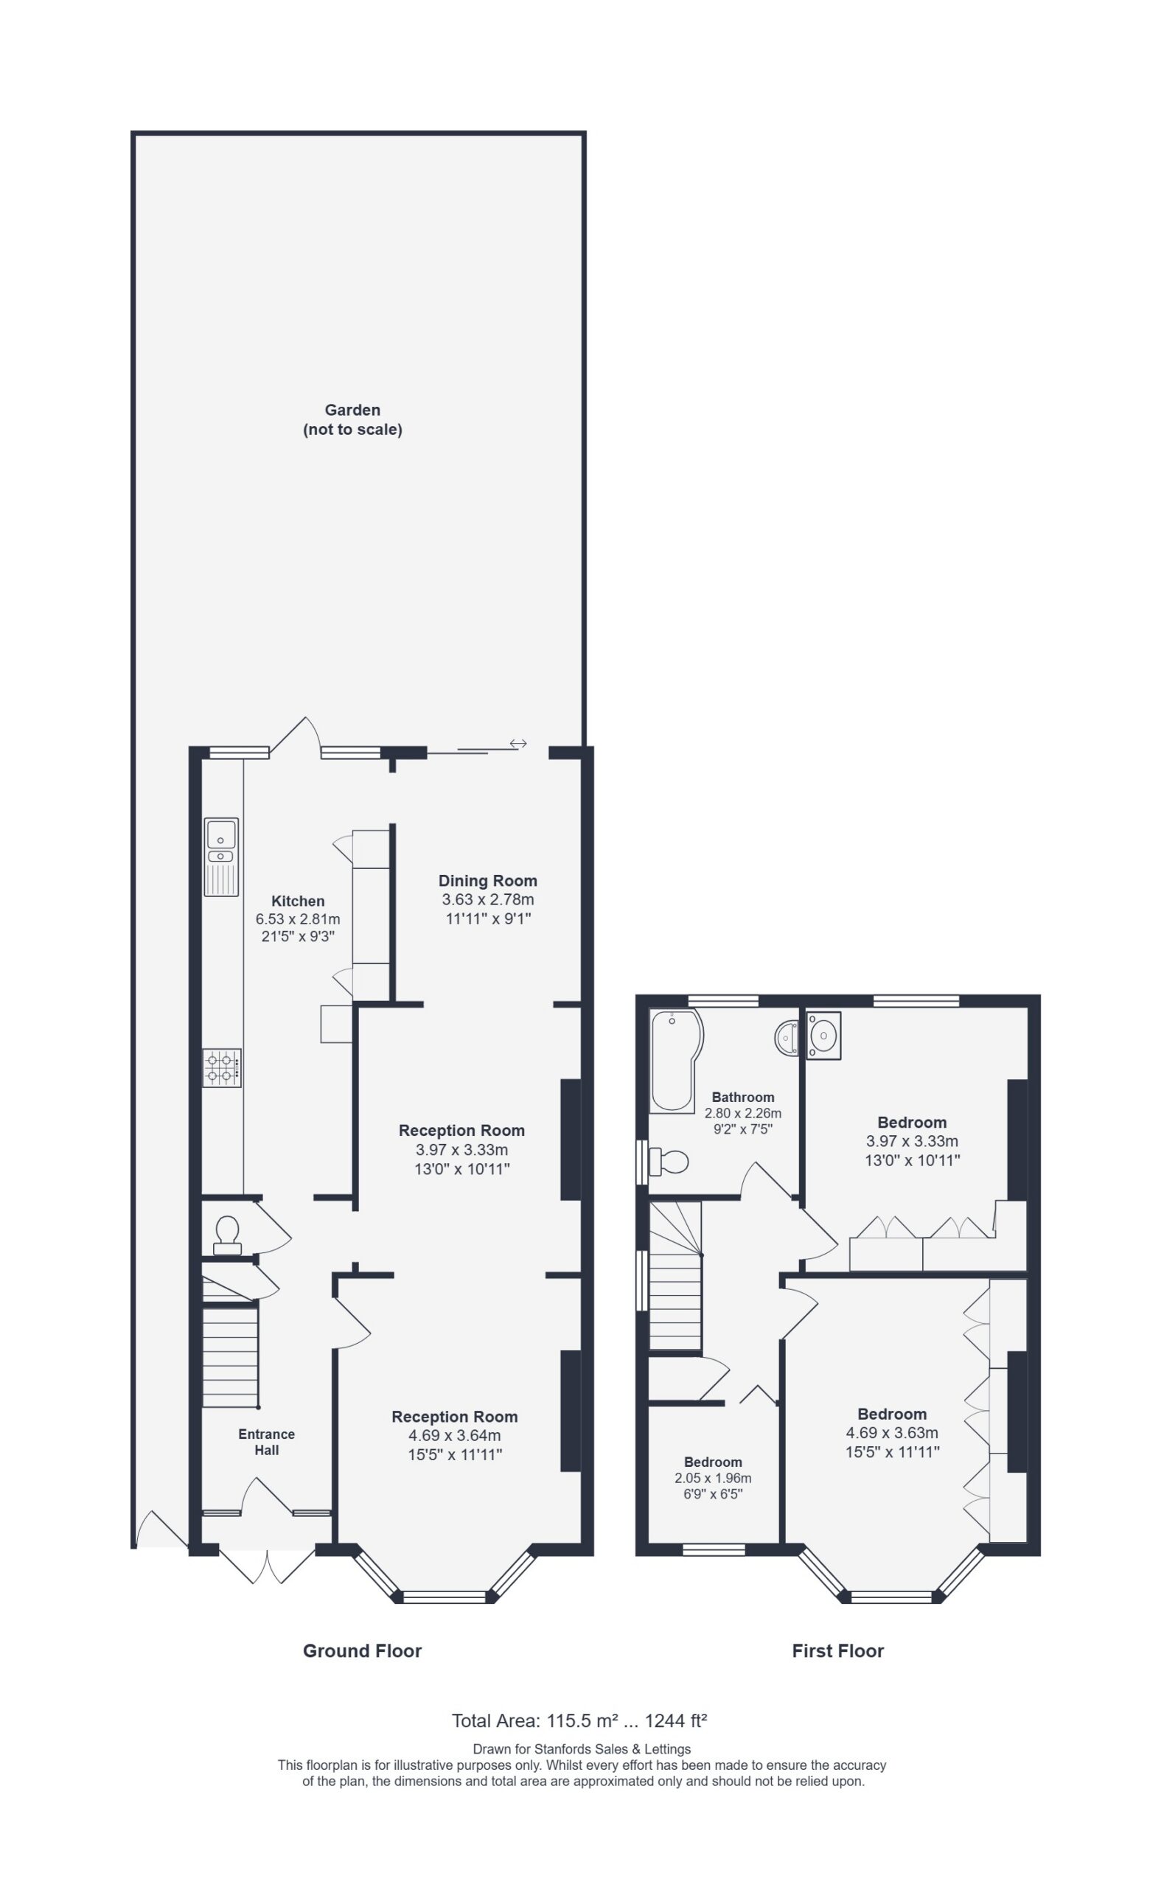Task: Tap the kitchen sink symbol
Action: coord(221,857)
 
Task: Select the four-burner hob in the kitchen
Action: coord(222,1067)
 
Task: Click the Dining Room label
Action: coord(487,880)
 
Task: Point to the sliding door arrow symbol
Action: coord(517,744)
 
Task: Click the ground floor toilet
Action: coord(226,1235)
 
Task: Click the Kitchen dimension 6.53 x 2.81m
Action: coord(298,919)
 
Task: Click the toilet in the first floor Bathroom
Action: coord(668,1161)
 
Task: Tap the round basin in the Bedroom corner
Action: coord(823,1035)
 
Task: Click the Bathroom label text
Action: coord(743,1097)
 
